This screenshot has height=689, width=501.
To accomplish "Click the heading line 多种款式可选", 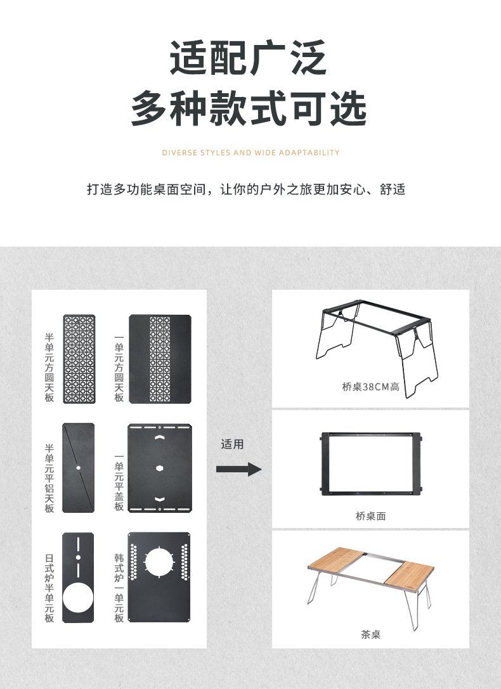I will [249, 108].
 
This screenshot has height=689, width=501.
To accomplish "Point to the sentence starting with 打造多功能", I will [246, 190].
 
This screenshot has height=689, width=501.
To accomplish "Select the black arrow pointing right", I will [238, 469].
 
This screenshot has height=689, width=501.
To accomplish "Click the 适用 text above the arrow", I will [232, 444].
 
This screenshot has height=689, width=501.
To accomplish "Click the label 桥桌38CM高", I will [370, 387].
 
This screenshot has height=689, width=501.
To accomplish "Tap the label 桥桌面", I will [370, 516].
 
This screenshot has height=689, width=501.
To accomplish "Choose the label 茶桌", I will [370, 634].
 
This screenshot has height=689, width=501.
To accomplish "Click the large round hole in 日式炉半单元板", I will [78, 598].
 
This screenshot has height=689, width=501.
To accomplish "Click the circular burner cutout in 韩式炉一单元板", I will [159, 562].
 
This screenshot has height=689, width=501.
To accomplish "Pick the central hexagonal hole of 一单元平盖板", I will [159, 468].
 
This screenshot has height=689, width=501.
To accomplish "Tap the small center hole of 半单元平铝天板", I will [78, 468].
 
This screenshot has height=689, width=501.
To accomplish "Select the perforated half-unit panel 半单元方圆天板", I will [79, 359].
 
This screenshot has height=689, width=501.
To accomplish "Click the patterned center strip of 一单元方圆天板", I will [159, 359].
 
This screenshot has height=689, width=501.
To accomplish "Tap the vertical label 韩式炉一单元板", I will [119, 587].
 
